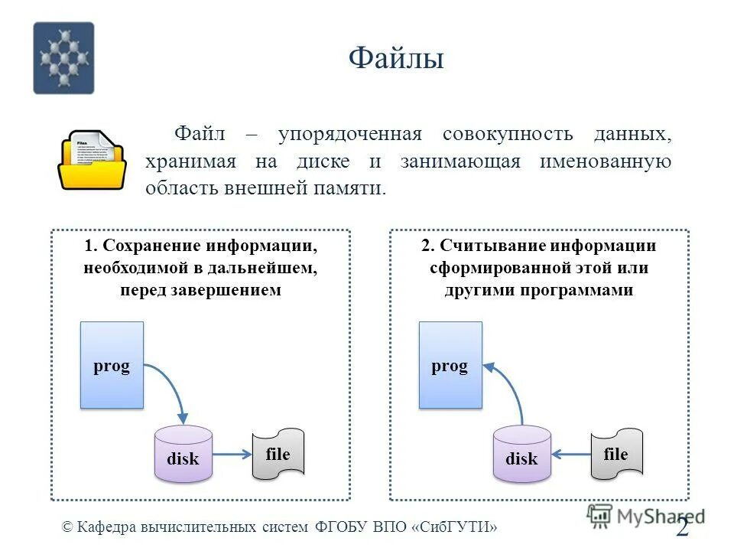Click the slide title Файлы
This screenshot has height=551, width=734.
click(x=396, y=58)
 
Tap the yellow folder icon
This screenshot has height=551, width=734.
click(x=93, y=160)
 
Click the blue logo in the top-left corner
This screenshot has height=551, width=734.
click(x=63, y=58)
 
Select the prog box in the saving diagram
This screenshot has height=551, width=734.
click(x=112, y=365)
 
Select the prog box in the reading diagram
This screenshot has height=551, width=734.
click(x=450, y=365)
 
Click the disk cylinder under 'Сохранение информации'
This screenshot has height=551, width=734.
click(x=183, y=455)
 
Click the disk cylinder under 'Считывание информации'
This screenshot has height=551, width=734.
click(x=521, y=455)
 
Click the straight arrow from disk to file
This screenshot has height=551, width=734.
click(x=232, y=455)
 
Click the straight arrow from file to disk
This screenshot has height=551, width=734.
click(x=570, y=455)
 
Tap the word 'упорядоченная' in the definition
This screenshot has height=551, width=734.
click(x=349, y=135)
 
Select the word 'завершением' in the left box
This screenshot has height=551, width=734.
click(x=236, y=291)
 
